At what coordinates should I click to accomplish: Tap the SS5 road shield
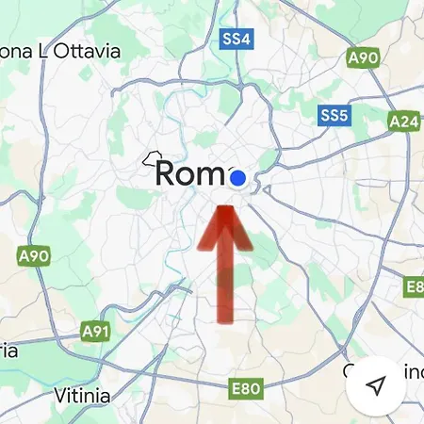[x=334, y=115]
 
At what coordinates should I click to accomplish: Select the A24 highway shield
[x=405, y=122]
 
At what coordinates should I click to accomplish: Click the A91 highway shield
[x=95, y=332]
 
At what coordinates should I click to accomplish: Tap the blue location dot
[x=237, y=177]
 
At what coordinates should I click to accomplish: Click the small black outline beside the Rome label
[x=151, y=158]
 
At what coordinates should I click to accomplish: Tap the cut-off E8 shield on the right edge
[x=415, y=285]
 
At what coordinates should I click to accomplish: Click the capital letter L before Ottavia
[x=39, y=51]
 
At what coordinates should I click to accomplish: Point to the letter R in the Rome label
[x=167, y=173]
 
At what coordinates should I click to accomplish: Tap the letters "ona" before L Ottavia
[x=12, y=51]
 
